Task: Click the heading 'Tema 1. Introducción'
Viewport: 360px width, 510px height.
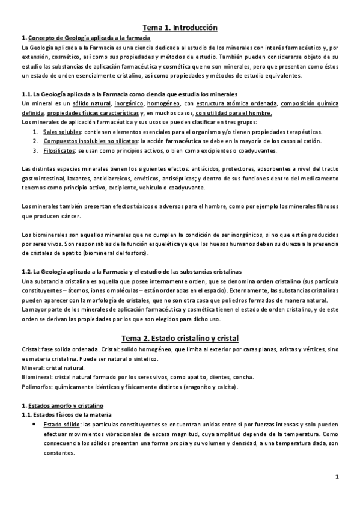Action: (180, 27)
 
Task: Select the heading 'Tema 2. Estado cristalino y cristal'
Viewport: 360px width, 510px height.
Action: (180, 337)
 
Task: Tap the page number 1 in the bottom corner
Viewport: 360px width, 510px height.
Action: (338, 477)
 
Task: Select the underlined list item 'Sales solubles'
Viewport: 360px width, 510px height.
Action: (63, 132)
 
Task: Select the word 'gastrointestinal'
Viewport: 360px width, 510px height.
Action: (41, 178)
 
